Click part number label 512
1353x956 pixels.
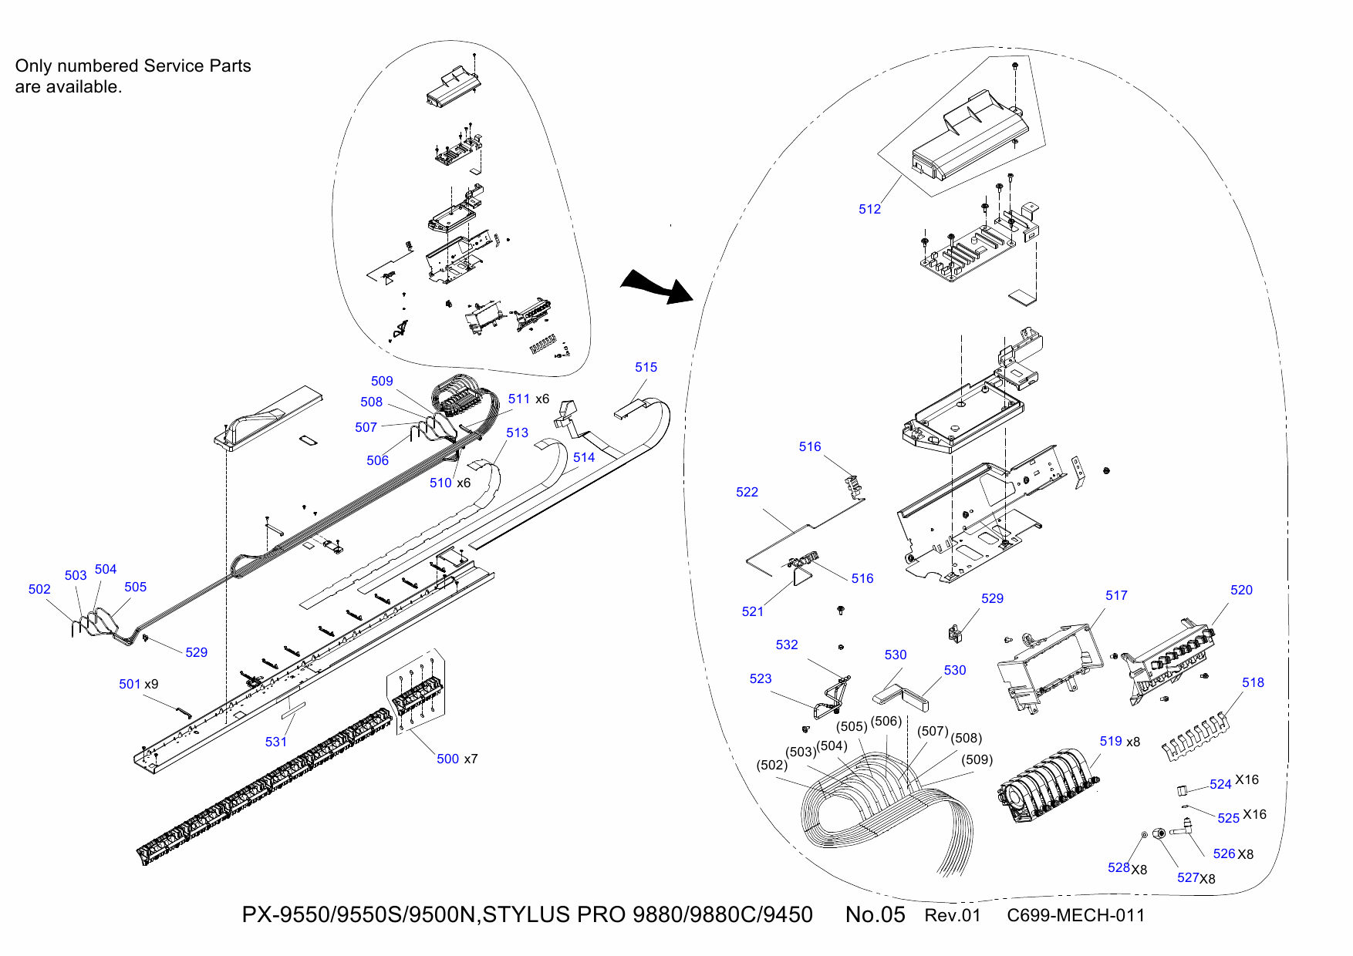tap(869, 209)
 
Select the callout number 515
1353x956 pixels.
tap(646, 367)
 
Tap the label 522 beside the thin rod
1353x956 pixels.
tap(747, 492)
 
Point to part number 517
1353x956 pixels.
tap(1116, 595)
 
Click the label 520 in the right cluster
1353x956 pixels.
tap(1241, 590)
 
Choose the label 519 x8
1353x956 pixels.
tap(1119, 741)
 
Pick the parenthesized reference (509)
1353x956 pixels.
tap(977, 759)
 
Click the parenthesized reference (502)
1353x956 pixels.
tap(772, 765)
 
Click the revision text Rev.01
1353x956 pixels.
tap(952, 915)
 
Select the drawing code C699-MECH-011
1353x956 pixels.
tap(1075, 915)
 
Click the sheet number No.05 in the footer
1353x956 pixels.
tap(875, 914)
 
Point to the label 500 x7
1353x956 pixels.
tap(457, 759)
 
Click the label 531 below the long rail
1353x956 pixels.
tap(275, 742)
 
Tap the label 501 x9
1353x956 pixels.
tap(138, 684)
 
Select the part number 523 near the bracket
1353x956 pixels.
tap(760, 678)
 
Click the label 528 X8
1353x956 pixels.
tap(1127, 868)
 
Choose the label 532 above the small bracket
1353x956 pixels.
tap(786, 645)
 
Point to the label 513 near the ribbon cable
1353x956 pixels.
tap(517, 433)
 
